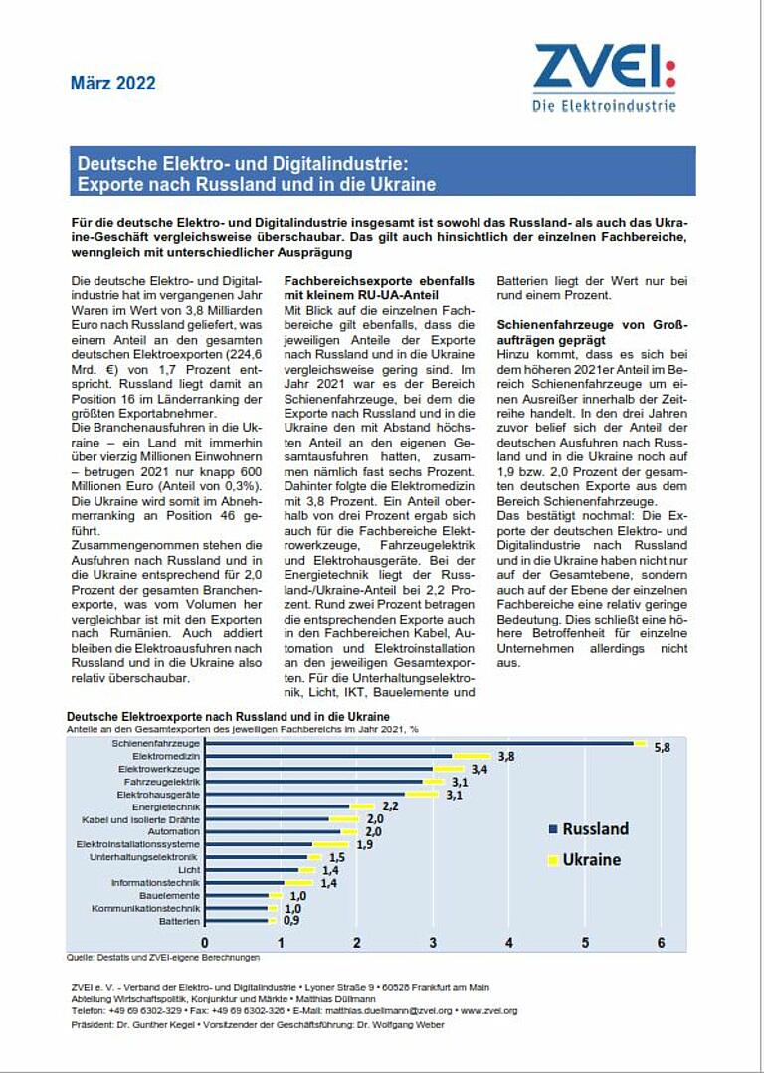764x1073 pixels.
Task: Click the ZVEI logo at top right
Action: click(x=604, y=77)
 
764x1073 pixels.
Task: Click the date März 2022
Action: click(x=112, y=84)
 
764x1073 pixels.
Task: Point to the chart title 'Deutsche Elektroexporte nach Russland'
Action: click(x=228, y=716)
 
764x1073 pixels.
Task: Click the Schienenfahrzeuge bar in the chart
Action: click(x=418, y=742)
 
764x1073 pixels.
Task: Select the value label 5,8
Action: click(x=663, y=747)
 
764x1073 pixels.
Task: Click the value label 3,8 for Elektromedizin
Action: click(x=505, y=756)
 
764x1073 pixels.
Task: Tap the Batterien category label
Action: click(x=179, y=921)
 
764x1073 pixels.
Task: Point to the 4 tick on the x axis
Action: click(x=509, y=942)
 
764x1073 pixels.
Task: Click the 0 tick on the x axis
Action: click(x=205, y=942)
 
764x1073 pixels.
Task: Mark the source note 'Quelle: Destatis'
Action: click(x=163, y=958)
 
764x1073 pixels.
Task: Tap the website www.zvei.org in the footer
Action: click(x=489, y=1010)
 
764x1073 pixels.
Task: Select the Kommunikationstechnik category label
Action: click(x=145, y=908)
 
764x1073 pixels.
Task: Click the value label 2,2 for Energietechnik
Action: click(x=390, y=806)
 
